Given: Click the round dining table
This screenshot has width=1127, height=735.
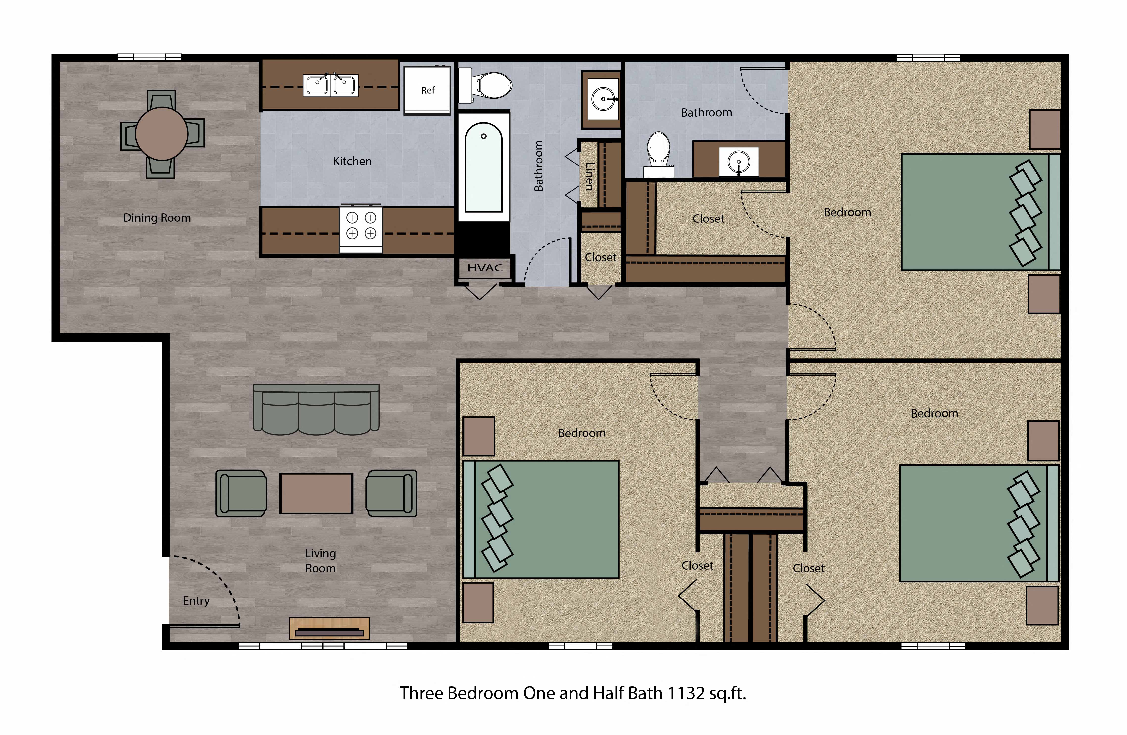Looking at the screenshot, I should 161,134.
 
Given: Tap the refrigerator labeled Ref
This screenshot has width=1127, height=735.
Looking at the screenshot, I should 427,90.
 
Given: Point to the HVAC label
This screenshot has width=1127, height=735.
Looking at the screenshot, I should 485,268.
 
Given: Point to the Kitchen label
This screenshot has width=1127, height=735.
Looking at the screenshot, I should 352,161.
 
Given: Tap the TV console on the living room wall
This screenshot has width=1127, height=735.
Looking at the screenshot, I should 329,628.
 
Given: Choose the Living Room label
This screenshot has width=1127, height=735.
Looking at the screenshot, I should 320,561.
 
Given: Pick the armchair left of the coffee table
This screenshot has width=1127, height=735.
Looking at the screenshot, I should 241,493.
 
